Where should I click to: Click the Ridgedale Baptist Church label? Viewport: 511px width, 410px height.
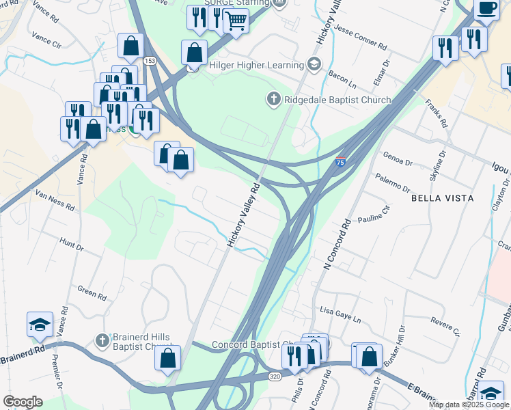[x=337, y=100]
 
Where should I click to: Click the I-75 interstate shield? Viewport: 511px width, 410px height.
[x=340, y=162]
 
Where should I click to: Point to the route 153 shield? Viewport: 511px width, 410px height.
[x=149, y=61]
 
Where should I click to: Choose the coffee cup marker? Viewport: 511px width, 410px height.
[x=486, y=8]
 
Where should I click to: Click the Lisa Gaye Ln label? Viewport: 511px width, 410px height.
[x=340, y=315]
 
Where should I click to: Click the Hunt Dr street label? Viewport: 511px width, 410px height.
[x=71, y=243]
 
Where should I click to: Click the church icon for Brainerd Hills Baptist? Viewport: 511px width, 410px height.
[x=102, y=340]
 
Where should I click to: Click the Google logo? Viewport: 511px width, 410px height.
[x=23, y=402]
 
